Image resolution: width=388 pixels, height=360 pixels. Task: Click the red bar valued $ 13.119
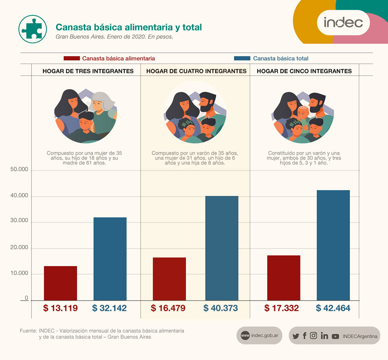61,283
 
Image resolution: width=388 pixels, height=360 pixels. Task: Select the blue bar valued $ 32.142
110,258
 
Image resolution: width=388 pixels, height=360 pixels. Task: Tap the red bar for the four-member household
169,279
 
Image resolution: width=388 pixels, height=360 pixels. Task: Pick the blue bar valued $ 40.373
222,248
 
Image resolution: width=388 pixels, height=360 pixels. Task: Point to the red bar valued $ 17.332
284,277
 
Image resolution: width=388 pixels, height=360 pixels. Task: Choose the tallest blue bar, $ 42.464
333,245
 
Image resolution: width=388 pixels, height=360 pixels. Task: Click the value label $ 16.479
168,308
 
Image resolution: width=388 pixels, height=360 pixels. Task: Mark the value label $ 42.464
333,308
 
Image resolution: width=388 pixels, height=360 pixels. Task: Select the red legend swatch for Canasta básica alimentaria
72,59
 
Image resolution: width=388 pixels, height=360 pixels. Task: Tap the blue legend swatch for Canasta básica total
242,59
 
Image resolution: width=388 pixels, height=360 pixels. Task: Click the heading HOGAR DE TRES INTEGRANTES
88,71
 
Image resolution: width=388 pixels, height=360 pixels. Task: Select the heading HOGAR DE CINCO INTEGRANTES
304,71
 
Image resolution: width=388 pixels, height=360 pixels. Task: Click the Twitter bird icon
296,336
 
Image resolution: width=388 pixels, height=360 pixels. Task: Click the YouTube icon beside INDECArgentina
335,336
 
